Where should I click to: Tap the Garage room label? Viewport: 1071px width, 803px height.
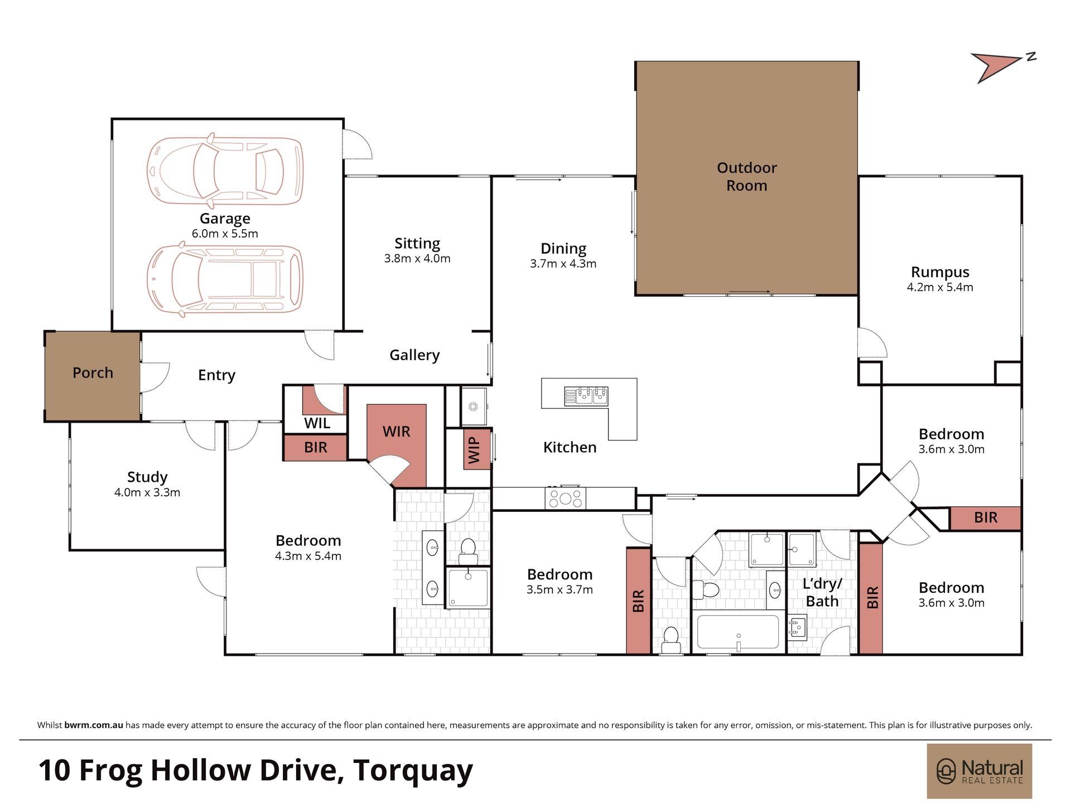(225, 219)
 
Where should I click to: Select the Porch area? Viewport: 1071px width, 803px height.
(93, 376)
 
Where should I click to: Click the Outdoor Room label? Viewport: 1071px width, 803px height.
(746, 176)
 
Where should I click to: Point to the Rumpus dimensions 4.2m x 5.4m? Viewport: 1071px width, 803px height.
(940, 287)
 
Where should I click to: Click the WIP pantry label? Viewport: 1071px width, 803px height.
(475, 450)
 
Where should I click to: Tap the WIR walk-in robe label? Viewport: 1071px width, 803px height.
(397, 432)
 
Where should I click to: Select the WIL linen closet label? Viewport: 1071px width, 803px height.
(317, 423)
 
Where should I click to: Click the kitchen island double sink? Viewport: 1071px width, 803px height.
(585, 395)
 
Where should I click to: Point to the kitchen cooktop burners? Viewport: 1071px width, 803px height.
(566, 498)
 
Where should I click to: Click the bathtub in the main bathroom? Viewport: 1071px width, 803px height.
(738, 632)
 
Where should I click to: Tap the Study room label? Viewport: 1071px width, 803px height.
(147, 477)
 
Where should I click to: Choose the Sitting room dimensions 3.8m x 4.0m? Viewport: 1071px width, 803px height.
(417, 259)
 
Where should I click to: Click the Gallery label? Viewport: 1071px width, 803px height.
(414, 355)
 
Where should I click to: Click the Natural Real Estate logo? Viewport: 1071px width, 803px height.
(980, 771)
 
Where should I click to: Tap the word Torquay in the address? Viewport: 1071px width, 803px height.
(413, 771)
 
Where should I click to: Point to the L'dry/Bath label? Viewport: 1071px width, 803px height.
(822, 593)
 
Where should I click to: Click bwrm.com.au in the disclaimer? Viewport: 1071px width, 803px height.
(94, 725)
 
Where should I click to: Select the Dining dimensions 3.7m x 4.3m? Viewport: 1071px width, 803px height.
(563, 264)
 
